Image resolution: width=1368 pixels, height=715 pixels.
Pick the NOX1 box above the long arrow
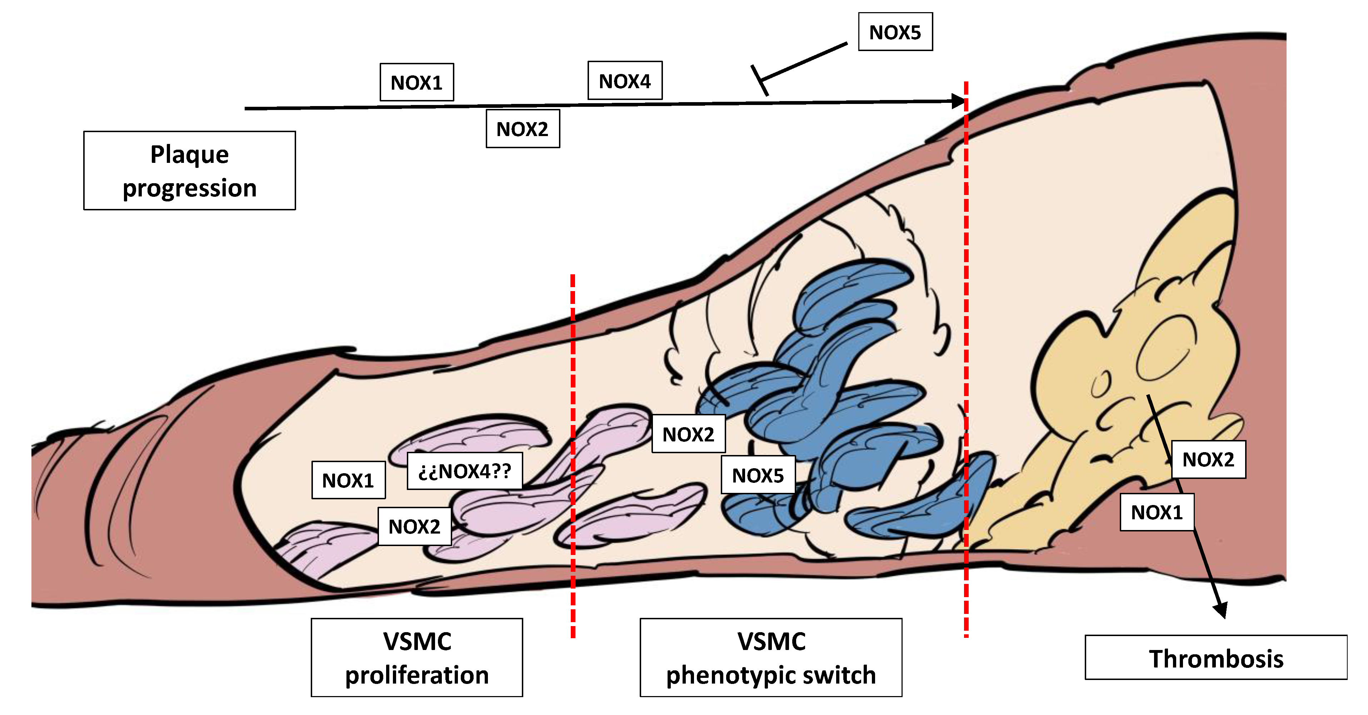[x=416, y=82]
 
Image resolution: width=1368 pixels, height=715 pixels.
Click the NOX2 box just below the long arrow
[x=523, y=129]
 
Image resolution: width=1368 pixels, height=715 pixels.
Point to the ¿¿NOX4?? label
[x=465, y=471]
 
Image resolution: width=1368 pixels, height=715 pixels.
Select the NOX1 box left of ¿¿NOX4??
[x=348, y=480]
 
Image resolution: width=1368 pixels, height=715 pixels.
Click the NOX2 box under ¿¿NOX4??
[x=414, y=526]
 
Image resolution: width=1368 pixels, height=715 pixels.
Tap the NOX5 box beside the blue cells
[x=758, y=475]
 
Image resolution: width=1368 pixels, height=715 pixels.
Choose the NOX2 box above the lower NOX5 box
[x=688, y=434]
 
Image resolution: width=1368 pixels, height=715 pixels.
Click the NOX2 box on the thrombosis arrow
[x=1208, y=459]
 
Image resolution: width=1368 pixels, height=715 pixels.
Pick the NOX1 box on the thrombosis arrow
[x=1157, y=512]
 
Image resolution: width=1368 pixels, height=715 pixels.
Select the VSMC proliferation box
[x=417, y=657]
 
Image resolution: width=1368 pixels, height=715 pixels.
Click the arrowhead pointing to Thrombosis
[x=1220, y=609]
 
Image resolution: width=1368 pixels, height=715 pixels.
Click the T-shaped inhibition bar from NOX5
[x=759, y=80]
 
